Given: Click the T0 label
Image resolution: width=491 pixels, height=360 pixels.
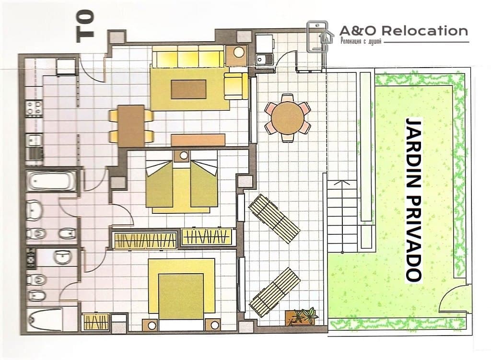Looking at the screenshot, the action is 85,26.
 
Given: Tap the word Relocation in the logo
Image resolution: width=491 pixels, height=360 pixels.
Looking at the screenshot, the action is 425,31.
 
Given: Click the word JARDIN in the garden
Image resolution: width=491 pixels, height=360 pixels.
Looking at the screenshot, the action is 413,153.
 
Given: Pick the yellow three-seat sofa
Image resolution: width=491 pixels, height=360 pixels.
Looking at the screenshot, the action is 188,56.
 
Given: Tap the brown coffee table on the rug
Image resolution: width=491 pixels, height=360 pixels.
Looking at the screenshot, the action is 188,89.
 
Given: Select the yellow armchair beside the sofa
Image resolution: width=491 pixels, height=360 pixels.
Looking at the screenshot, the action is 236,86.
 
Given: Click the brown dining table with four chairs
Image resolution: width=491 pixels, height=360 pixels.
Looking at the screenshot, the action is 131,126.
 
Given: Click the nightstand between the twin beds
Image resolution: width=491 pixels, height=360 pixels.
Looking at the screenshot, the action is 184,156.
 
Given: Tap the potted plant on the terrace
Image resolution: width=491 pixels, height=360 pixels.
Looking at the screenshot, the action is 301,316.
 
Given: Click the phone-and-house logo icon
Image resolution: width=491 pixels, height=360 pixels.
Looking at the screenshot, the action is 317,36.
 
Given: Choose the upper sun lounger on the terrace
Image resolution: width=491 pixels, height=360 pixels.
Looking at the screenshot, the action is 274,218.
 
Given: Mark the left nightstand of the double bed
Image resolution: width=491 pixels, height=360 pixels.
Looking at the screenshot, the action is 152,325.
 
